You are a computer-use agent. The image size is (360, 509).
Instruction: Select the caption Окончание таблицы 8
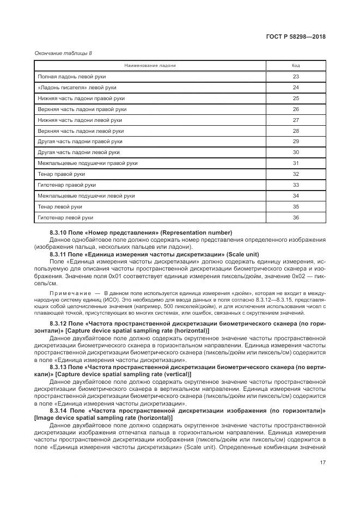[63, 53]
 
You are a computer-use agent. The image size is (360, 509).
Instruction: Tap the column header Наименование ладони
[150, 65]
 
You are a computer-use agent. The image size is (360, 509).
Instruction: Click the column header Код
[296, 65]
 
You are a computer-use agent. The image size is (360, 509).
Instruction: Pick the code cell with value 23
[296, 77]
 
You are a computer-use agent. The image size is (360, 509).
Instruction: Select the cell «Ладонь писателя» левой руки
[77, 88]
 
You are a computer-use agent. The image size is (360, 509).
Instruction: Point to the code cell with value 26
[296, 109]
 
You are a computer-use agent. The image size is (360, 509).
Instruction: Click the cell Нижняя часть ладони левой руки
[80, 120]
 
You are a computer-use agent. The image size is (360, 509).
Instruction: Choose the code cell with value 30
[296, 152]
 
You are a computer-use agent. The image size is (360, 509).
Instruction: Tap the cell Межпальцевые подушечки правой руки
[88, 163]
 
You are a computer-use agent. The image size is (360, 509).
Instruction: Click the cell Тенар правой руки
[62, 174]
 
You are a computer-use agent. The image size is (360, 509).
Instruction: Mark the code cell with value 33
[296, 185]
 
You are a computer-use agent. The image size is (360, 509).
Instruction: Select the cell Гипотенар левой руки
[65, 218]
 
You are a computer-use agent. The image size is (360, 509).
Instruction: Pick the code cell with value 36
[296, 218]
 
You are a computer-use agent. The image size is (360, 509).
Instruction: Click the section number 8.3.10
[58, 232]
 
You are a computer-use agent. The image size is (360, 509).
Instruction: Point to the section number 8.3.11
[58, 254]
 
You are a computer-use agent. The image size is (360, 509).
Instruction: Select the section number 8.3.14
[58, 410]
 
